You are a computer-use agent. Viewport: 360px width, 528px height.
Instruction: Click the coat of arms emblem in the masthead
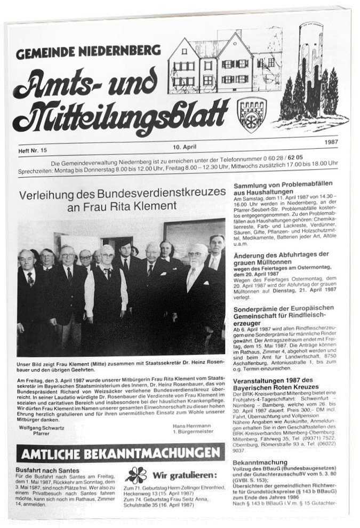252,113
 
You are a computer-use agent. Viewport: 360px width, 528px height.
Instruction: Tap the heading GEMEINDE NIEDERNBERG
88,52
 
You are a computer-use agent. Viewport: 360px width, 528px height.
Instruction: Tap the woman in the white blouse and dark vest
107,288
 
